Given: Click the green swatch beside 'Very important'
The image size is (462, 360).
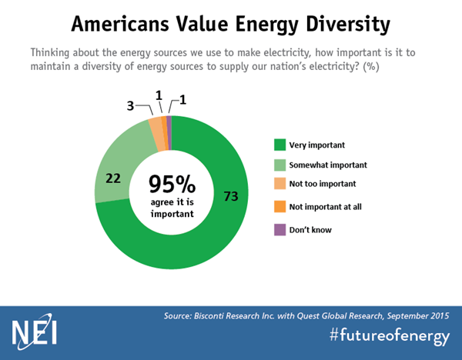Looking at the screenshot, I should (x=280, y=144).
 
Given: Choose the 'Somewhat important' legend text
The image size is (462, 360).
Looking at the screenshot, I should (x=327, y=165).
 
